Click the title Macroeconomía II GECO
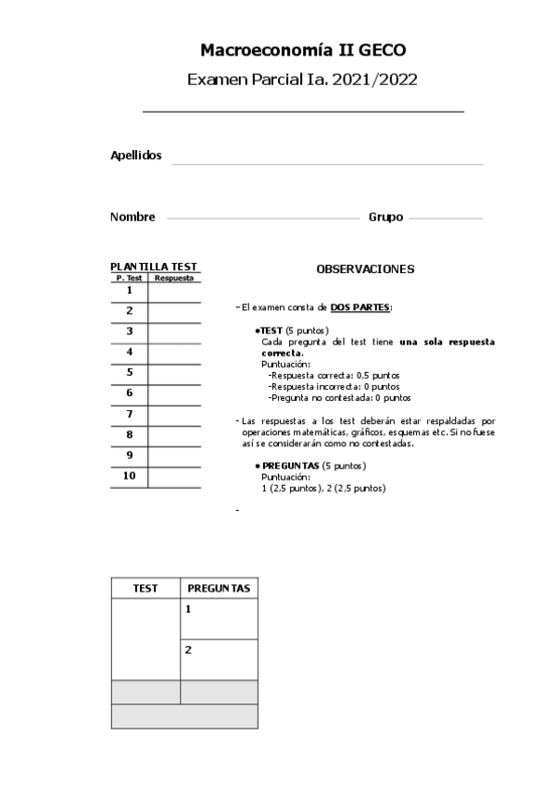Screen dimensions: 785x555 click(x=302, y=50)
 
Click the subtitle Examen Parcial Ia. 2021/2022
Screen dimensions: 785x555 click(x=302, y=80)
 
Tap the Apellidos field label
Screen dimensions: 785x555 click(x=136, y=156)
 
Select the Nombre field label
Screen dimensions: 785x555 click(x=132, y=217)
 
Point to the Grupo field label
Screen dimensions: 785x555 click(x=385, y=217)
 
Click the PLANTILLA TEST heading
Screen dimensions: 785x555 click(x=154, y=267)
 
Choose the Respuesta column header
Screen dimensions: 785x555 click(x=174, y=278)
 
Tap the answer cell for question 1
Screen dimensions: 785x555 click(x=174, y=292)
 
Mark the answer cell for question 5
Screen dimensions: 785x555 click(x=174, y=374)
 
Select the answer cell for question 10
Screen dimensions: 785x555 click(x=174, y=478)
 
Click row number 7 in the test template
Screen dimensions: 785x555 click(x=130, y=415)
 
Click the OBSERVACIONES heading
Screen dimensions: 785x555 click(x=365, y=269)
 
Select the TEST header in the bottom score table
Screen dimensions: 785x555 click(x=145, y=589)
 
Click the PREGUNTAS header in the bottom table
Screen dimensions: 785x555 click(x=219, y=589)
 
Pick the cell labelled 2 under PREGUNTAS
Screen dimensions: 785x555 click(x=219, y=659)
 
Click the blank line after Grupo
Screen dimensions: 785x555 click(x=445, y=219)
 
